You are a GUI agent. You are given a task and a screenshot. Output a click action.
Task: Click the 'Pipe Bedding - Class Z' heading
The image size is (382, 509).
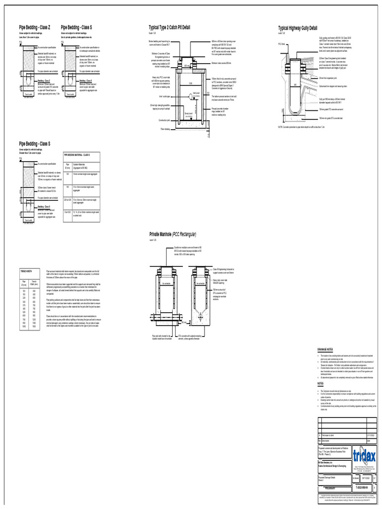click(35, 27)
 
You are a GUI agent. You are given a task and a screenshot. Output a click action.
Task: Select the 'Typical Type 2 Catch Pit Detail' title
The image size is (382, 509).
click(169, 27)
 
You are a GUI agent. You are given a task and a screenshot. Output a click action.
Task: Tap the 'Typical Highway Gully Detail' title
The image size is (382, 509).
click(297, 29)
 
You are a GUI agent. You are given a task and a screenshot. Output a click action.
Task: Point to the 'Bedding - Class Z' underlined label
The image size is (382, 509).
click(44, 80)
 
